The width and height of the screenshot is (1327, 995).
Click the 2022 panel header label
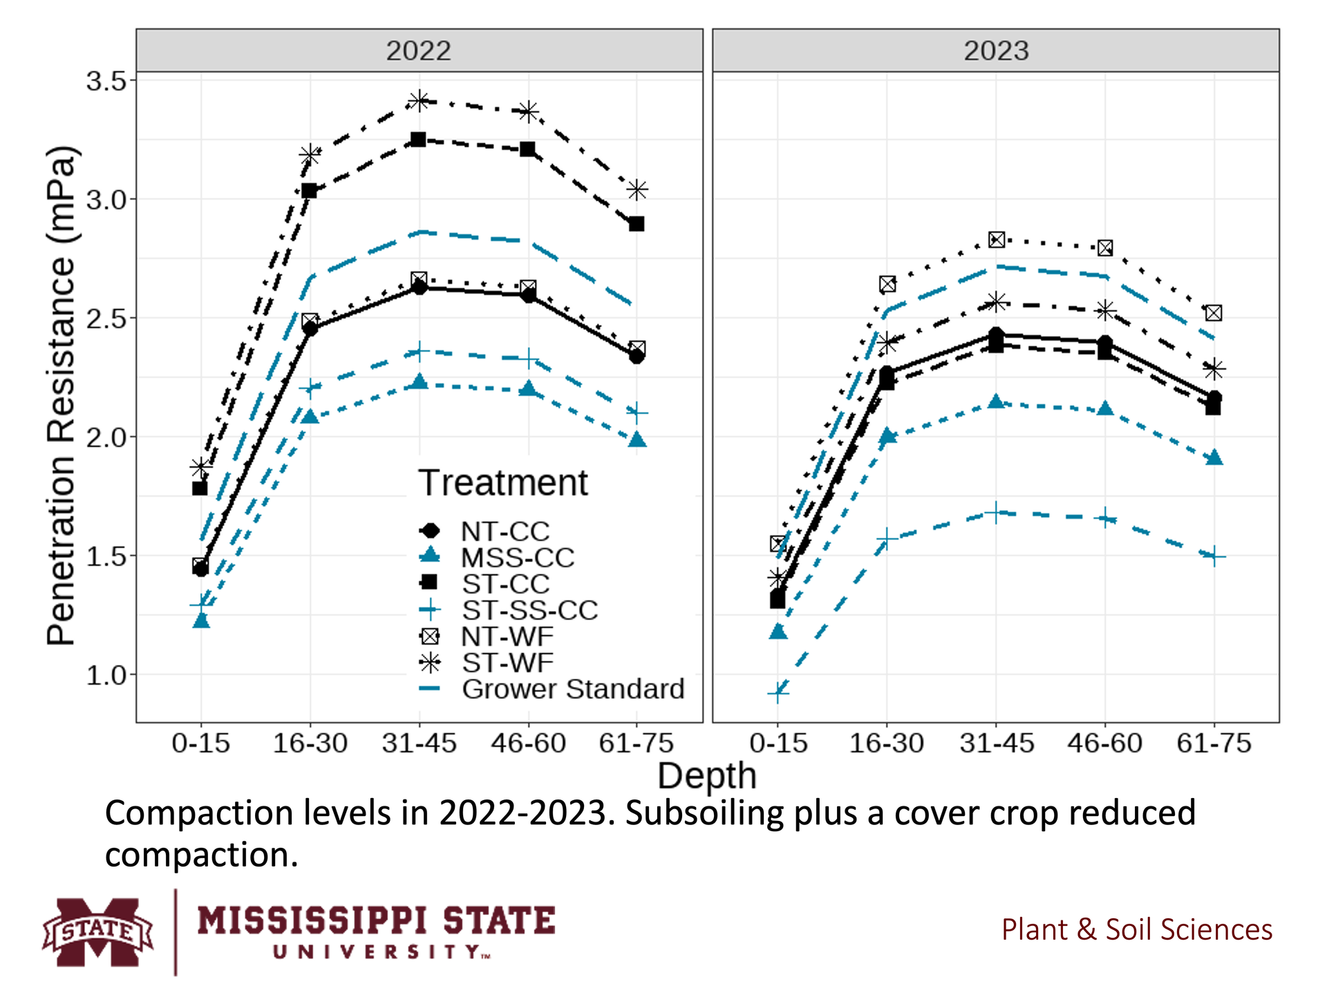418,50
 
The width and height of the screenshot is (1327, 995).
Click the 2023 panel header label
996,50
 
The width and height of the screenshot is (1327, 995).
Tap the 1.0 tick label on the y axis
107,675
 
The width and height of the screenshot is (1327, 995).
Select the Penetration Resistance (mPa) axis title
61,396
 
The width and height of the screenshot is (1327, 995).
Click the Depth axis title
706,776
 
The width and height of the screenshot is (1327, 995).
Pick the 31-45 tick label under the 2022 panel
419,743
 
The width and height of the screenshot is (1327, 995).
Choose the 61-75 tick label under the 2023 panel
1214,743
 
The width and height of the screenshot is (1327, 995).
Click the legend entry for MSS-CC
517,558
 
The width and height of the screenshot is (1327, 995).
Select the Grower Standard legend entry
572,689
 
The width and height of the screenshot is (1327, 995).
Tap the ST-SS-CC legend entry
529,610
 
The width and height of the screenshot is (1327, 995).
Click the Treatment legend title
503,482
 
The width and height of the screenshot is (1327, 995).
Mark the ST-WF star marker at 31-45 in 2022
419,101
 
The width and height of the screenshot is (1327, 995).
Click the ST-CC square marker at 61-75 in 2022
637,224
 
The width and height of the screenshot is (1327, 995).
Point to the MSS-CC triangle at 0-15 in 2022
201,620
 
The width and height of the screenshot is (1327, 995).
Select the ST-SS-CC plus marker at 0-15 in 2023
778,692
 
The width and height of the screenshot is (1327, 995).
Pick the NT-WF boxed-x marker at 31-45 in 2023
996,240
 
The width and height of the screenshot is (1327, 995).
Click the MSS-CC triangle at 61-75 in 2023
1214,458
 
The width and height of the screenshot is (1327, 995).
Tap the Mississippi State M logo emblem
97,931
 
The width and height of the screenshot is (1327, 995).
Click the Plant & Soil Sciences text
1136,930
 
